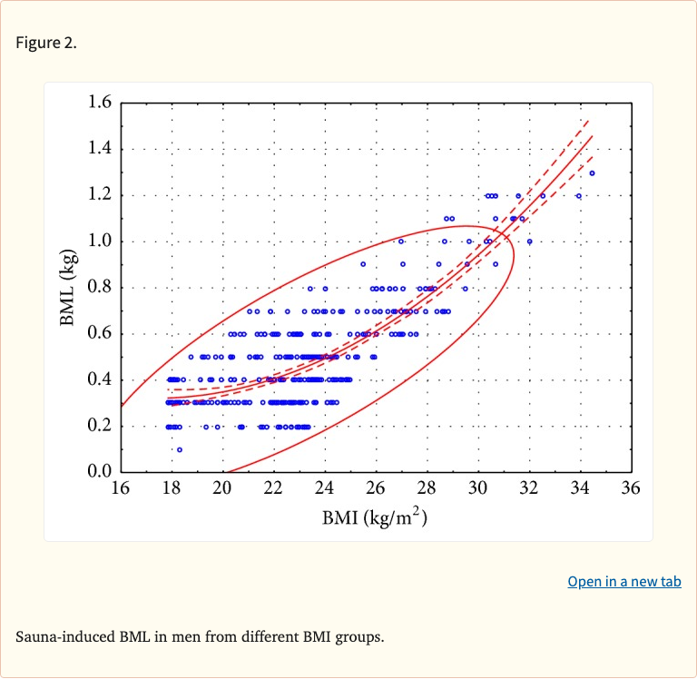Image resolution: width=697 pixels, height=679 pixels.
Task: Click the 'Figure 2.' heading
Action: (x=46, y=43)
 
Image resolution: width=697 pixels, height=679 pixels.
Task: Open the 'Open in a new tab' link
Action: (x=623, y=582)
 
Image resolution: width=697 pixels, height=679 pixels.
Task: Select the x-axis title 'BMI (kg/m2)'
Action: (x=374, y=518)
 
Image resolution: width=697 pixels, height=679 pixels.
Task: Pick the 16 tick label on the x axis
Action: (x=120, y=488)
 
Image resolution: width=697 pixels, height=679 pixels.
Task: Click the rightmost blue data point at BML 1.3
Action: (x=592, y=173)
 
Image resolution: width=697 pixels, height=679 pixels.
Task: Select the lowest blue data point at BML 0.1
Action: (x=180, y=449)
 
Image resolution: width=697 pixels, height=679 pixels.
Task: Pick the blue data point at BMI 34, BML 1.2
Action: (x=579, y=196)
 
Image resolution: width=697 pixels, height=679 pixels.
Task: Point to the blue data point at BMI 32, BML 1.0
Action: (x=530, y=241)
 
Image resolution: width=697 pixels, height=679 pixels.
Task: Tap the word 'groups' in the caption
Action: (x=358, y=636)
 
